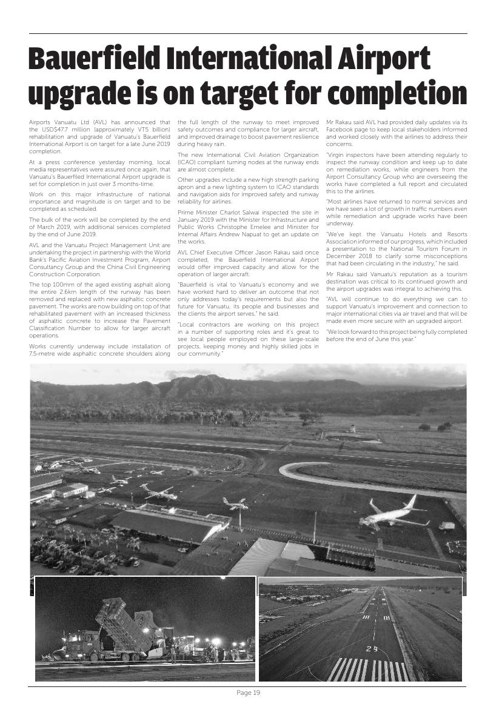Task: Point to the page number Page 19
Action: point(248,693)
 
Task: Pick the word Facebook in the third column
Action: point(343,130)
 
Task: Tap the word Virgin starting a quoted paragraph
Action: point(340,155)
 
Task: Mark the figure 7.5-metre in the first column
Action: point(44,353)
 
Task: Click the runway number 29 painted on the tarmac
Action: point(372,649)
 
